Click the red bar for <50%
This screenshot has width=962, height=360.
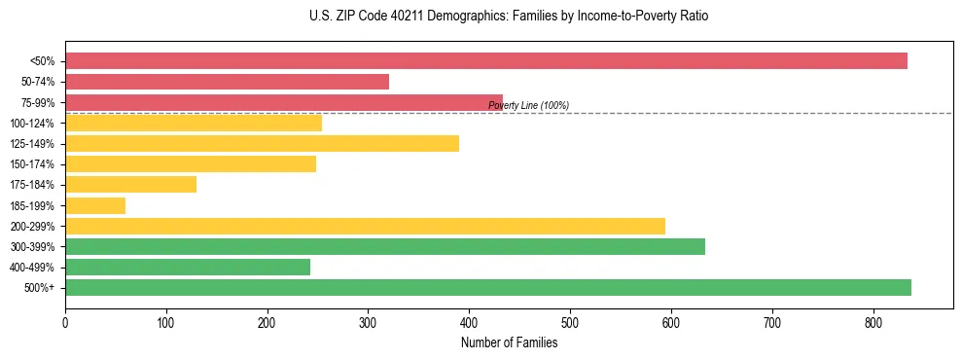tap(486, 61)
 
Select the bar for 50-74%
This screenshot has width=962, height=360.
tap(227, 82)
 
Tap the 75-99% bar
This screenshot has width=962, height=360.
tap(283, 102)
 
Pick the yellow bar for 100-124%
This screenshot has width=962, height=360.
tap(194, 123)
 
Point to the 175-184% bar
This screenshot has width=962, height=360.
tap(130, 184)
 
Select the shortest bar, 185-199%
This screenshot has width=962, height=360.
tap(95, 205)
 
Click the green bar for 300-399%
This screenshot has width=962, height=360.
tap(385, 246)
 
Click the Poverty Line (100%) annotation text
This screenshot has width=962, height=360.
tap(528, 106)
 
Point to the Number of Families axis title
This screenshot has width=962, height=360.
tap(509, 342)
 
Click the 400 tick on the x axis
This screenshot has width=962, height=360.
tap(469, 321)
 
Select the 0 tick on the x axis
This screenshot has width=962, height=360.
tap(65, 321)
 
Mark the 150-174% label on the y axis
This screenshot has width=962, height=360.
tap(33, 164)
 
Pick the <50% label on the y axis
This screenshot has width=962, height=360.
tap(43, 61)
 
